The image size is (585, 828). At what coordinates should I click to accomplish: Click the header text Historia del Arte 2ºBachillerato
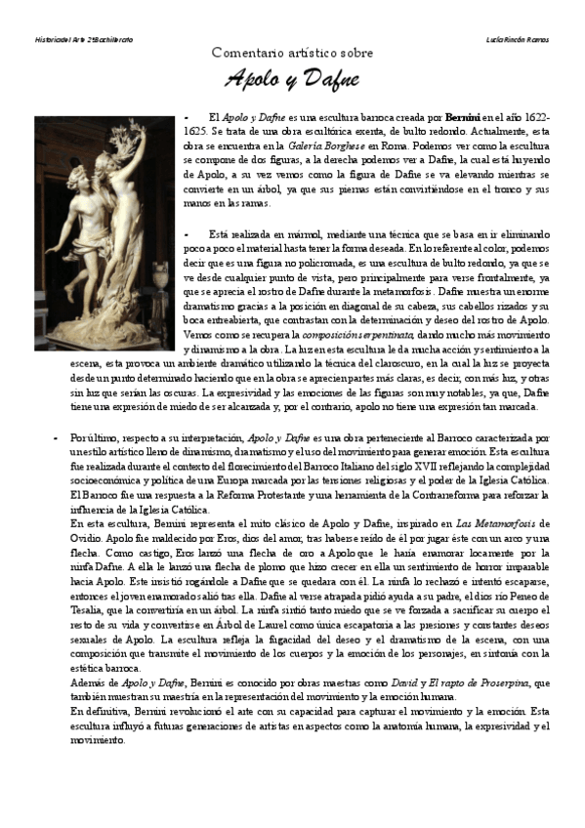(77, 39)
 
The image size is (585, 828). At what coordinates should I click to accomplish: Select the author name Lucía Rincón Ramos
(518, 39)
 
